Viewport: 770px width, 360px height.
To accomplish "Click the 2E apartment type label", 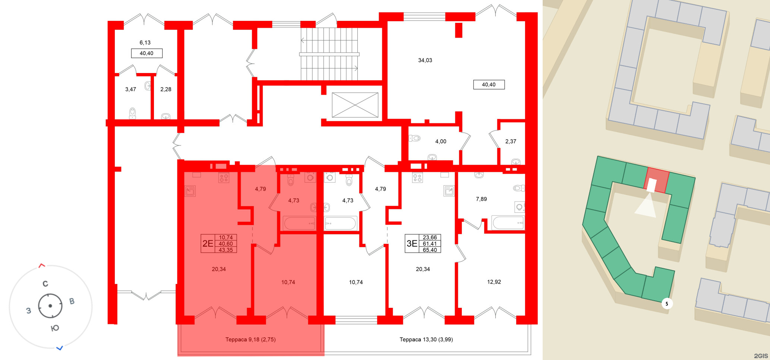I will click(208, 244).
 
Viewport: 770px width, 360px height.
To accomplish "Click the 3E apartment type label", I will click(412, 244).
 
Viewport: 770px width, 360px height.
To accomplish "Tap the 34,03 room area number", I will click(425, 60).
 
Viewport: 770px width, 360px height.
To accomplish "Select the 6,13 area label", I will click(145, 43).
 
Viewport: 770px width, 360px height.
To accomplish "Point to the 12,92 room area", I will click(494, 282).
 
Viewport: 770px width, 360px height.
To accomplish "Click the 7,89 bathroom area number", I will click(481, 199).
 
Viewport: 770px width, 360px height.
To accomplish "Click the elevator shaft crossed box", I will click(355, 105).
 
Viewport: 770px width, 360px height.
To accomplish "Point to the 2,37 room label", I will click(511, 142).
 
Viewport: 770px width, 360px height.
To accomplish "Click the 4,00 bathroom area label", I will click(441, 142).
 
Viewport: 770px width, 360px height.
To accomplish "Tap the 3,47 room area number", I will click(130, 89).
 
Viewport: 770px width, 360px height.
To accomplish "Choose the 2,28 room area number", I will click(166, 89).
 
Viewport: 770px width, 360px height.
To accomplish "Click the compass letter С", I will click(45, 284).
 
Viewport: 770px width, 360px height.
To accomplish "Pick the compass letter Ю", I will click(55, 328).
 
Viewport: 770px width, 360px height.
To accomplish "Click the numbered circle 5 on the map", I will click(667, 304).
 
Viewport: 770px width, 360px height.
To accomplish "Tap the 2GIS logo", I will click(761, 356).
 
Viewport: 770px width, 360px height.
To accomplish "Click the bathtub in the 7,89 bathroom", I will click(508, 223).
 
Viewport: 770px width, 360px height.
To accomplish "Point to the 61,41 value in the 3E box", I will click(430, 244).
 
